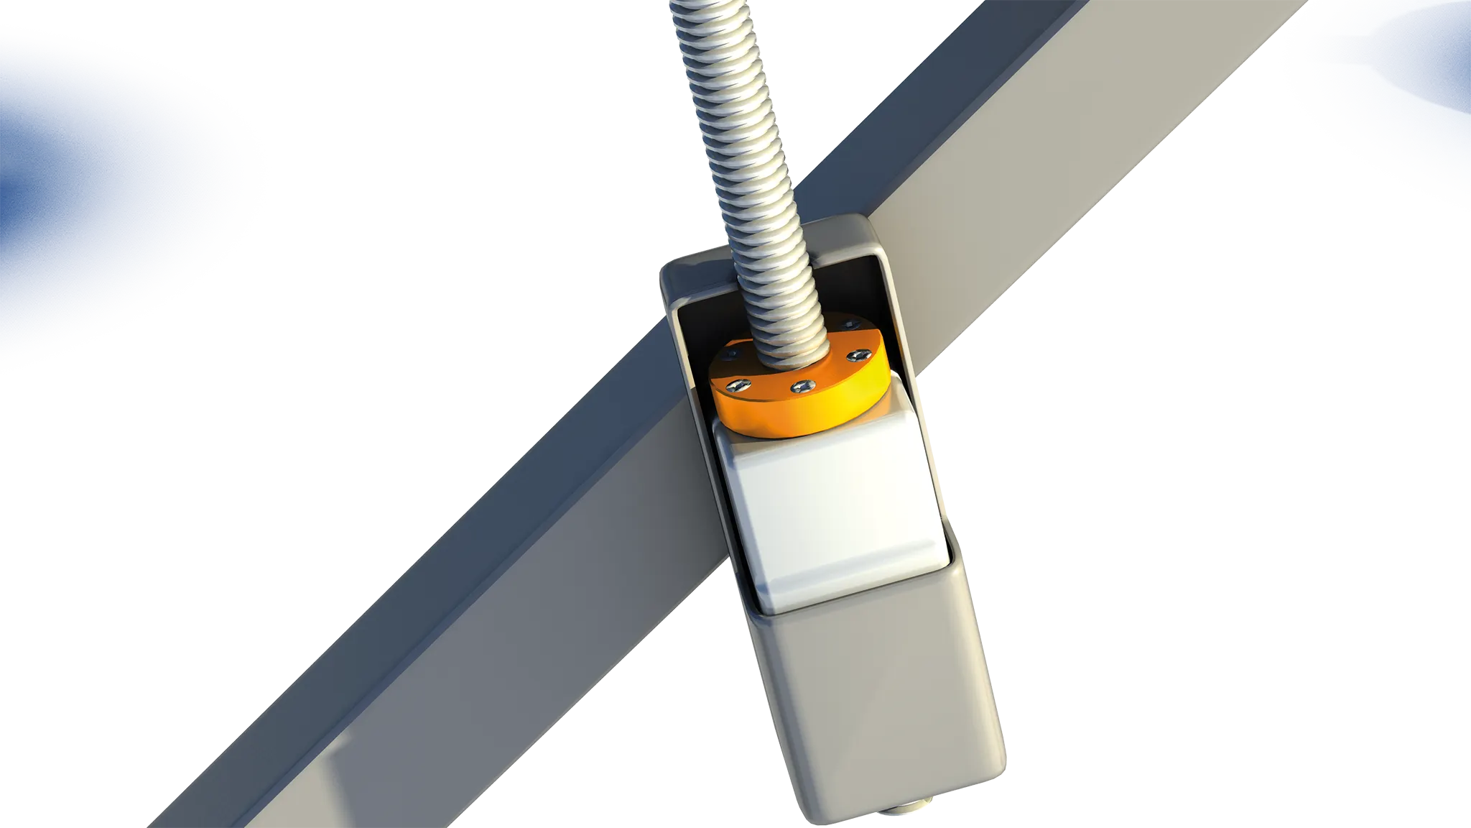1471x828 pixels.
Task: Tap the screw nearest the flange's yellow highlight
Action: point(859,354)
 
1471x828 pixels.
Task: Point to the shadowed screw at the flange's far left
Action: point(731,353)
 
